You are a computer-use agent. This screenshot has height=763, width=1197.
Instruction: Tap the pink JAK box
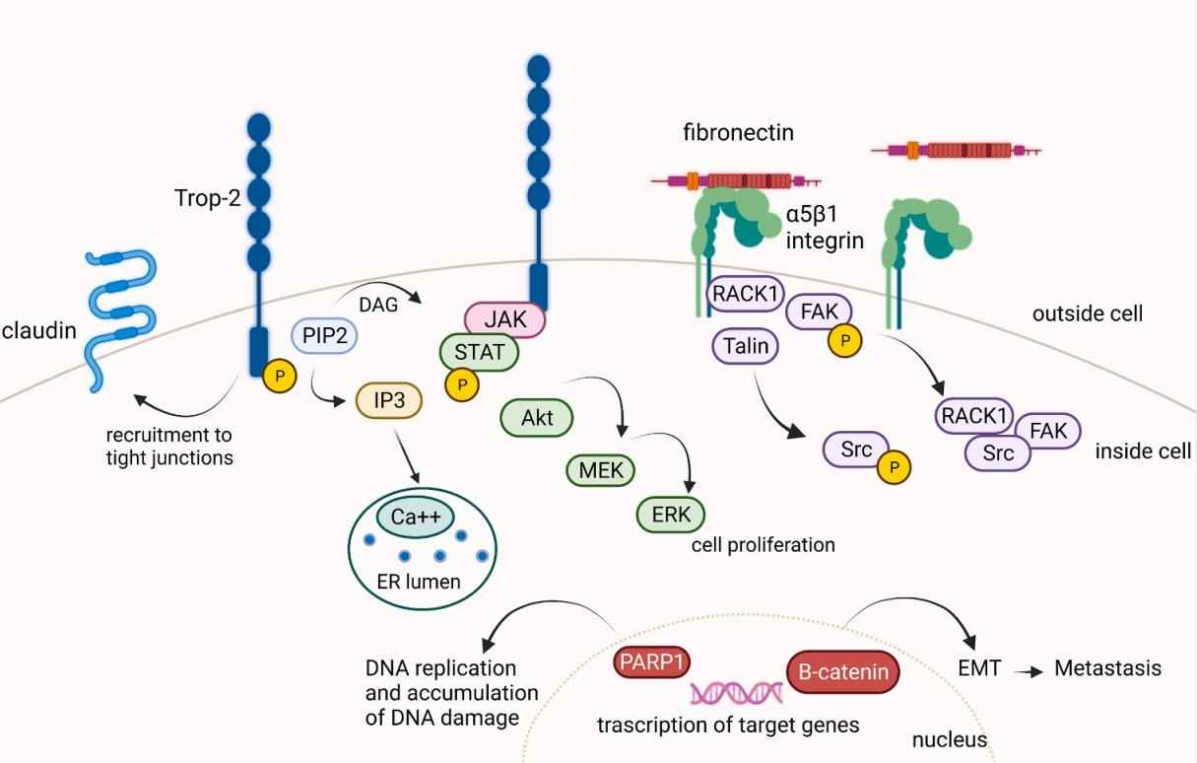click(x=504, y=319)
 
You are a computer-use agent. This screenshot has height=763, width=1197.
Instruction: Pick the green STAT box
click(x=480, y=351)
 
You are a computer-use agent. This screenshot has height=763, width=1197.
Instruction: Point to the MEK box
click(x=602, y=470)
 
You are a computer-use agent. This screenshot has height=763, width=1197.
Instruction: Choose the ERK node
click(x=671, y=514)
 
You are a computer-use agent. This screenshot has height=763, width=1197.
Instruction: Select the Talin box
click(x=745, y=345)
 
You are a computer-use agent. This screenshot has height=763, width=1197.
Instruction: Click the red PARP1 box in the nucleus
click(x=648, y=660)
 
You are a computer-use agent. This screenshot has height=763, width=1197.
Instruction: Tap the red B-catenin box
click(x=843, y=672)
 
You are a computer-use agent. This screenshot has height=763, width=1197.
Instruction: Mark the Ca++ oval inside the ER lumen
click(x=414, y=518)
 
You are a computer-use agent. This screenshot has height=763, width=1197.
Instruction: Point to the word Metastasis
click(x=1107, y=668)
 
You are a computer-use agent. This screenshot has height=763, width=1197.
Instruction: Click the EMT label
click(x=979, y=668)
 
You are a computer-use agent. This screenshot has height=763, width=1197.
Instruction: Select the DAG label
click(x=379, y=305)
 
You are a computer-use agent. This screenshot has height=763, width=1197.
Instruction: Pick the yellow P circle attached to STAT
click(x=459, y=383)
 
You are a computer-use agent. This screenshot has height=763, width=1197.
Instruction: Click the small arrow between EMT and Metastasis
click(x=1028, y=670)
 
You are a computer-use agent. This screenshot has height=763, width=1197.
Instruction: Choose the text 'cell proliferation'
click(x=763, y=544)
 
